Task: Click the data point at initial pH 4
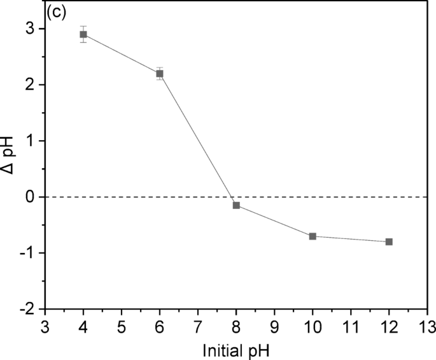pyautogui.click(x=83, y=34)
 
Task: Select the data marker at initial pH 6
pyautogui.click(x=160, y=73)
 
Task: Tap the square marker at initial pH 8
pyautogui.click(x=236, y=205)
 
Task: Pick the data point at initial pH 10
pyautogui.click(x=313, y=236)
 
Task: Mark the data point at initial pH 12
pyautogui.click(x=389, y=241)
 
